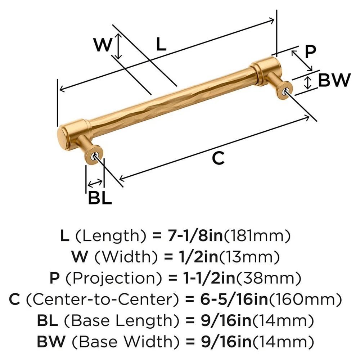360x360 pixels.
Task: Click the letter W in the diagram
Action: (x=102, y=45)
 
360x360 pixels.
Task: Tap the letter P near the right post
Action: (x=309, y=52)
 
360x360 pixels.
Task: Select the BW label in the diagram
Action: (x=334, y=80)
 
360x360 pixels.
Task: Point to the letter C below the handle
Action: (x=218, y=158)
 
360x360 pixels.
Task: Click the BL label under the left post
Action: (x=100, y=198)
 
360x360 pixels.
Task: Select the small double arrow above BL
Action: (x=95, y=183)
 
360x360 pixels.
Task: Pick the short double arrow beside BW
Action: (x=307, y=82)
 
